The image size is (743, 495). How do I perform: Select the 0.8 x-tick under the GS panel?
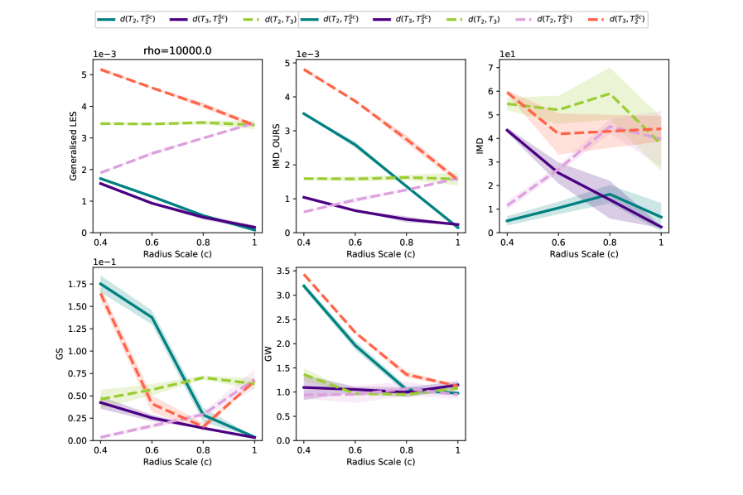click(x=203, y=450)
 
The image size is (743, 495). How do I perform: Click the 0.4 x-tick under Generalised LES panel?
click(x=100, y=243)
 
